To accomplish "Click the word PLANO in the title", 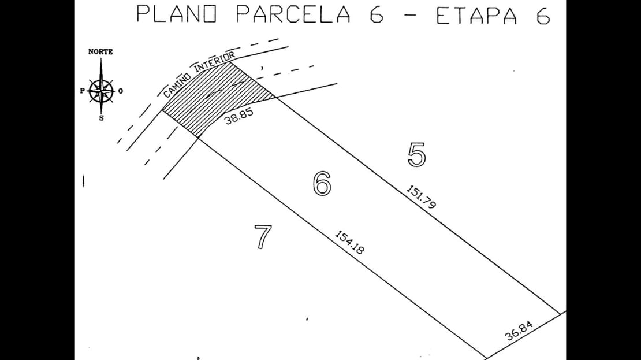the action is [x=177, y=14].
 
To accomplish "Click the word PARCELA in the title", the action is [x=293, y=14].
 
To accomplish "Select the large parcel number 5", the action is [x=416, y=155].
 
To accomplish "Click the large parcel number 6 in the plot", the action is [x=322, y=183].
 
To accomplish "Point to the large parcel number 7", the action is [x=263, y=237].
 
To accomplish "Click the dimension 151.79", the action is [x=422, y=197].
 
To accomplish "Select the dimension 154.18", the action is [x=350, y=242].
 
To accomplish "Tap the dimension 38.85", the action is [x=238, y=117].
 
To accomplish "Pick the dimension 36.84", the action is [x=519, y=331].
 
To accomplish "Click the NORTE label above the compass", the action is [x=100, y=52].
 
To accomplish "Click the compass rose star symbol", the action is [x=101, y=90].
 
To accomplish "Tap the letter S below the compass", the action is [x=102, y=118].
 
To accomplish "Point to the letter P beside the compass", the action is [x=82, y=91].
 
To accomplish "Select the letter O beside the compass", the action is [x=121, y=91].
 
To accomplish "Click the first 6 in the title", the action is [x=377, y=14].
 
